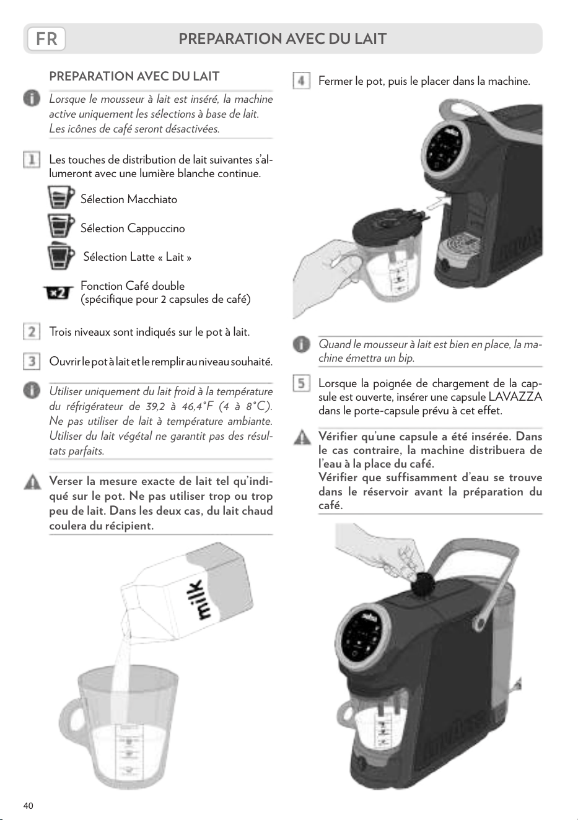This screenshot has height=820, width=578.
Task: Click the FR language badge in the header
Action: [46, 39]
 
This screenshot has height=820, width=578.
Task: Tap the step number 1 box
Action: [32, 160]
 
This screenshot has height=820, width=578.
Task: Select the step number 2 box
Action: [32, 332]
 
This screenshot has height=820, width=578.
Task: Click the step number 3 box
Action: [32, 361]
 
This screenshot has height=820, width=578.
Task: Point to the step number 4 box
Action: [301, 81]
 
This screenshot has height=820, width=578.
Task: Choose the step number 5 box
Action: [301, 383]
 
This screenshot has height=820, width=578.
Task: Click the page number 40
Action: [28, 806]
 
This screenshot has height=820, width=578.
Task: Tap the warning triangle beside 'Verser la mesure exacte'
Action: [32, 482]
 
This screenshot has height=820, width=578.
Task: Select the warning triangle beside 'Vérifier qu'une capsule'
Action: [302, 437]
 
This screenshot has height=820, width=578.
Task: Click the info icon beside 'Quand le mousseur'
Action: [301, 345]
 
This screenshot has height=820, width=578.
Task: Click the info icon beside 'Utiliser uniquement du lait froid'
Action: [32, 390]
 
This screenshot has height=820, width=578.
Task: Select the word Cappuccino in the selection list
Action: [156, 229]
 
